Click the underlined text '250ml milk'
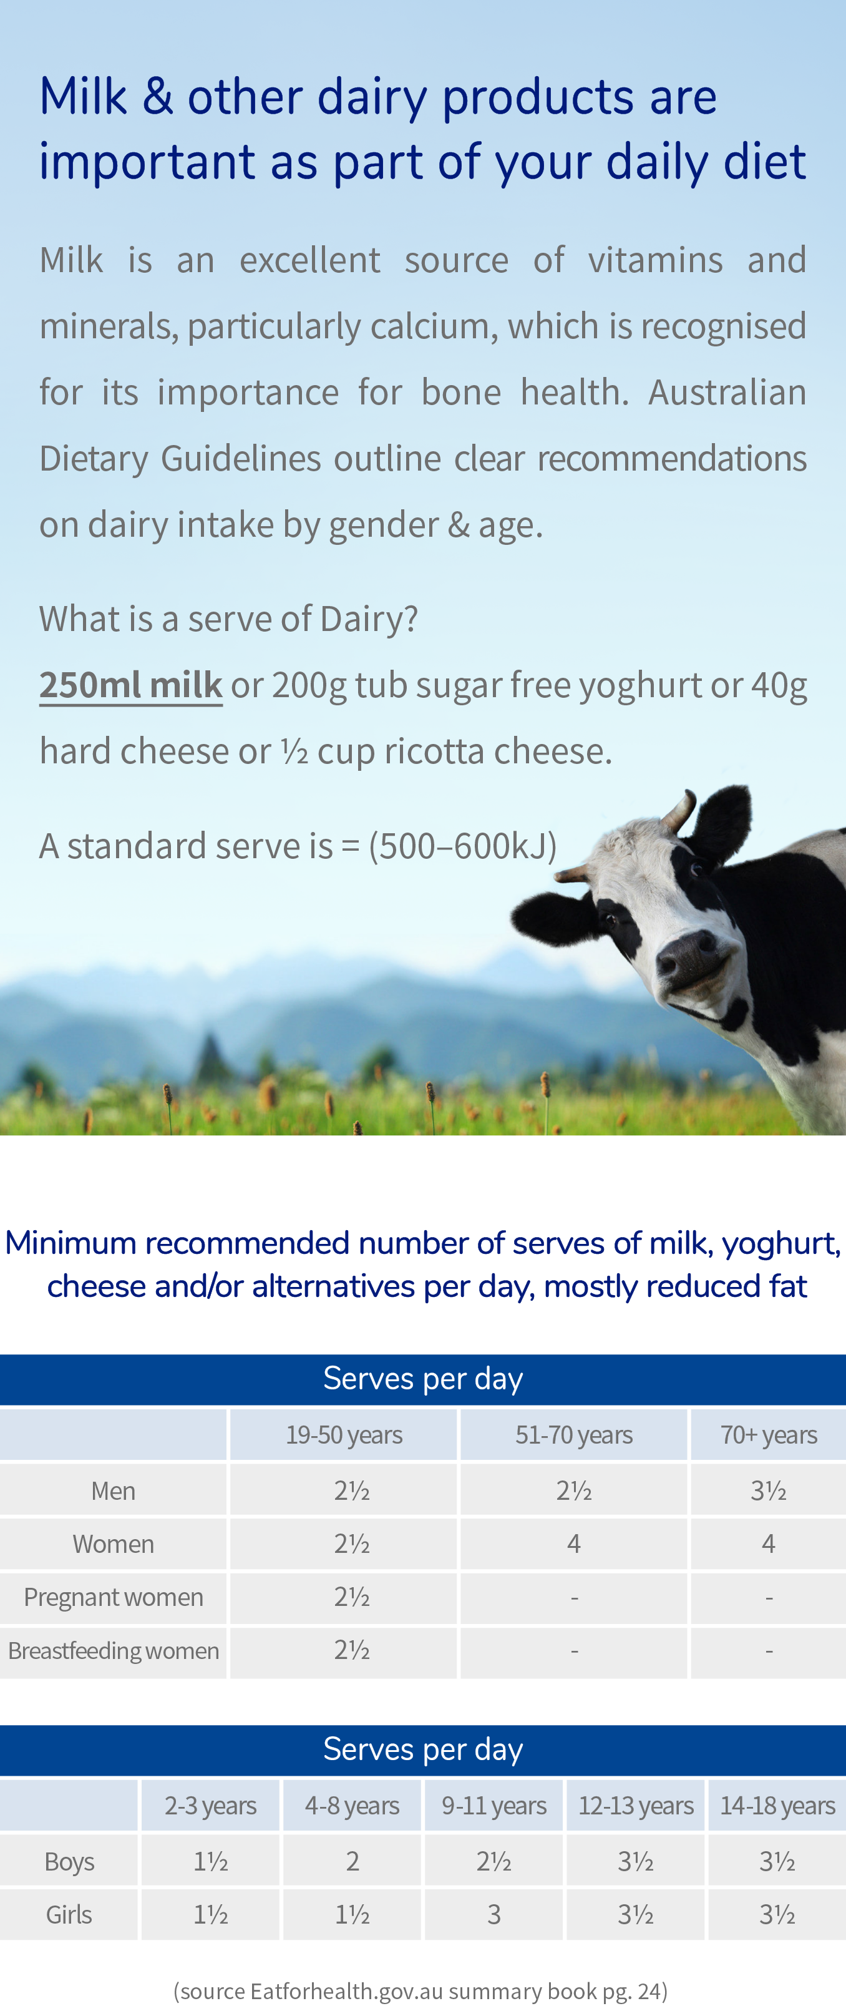[131, 685]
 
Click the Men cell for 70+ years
[768, 1490]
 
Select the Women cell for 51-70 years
[573, 1544]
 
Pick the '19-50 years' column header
[343, 1434]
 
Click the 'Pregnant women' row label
[114, 1597]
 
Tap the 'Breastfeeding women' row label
[114, 1650]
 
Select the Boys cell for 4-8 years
[352, 1861]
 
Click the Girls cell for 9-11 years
[493, 1914]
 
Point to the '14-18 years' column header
[777, 1805]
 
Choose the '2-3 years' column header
[210, 1805]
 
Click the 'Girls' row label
[69, 1914]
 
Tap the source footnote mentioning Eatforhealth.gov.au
[421, 1991]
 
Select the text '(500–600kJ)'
[463, 846]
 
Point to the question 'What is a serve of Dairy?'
[229, 619]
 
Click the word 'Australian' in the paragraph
[727, 392]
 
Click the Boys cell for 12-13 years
[635, 1861]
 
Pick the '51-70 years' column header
[573, 1434]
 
